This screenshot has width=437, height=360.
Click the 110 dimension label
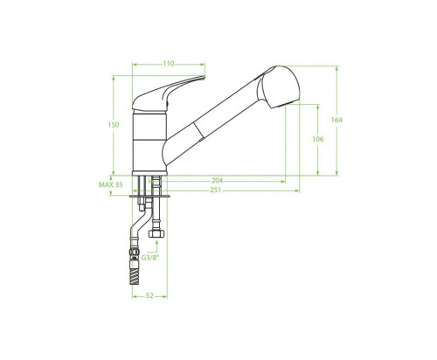click(169, 64)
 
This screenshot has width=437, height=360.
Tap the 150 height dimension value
click(114, 125)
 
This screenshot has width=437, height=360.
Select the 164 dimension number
click(336, 120)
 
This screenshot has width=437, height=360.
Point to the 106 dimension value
click(318, 139)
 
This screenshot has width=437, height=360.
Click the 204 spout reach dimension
click(217, 181)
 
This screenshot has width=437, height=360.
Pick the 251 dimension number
click(216, 190)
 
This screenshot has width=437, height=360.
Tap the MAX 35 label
click(110, 184)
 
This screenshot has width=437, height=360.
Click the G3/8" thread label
click(150, 258)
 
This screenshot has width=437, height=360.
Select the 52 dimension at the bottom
click(149, 296)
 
